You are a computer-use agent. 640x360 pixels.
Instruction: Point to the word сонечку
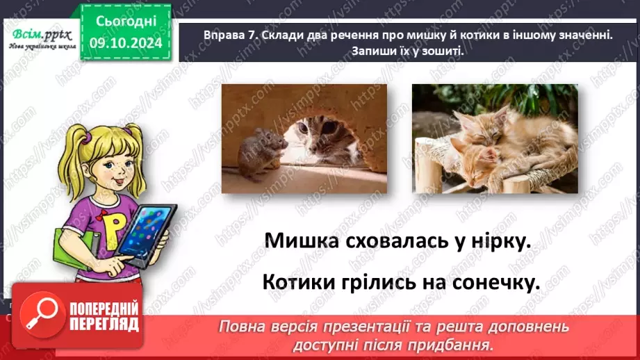point(495,283)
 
